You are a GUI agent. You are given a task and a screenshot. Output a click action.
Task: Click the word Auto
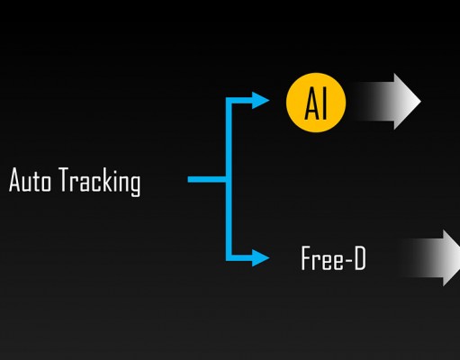pyautogui.click(x=30, y=180)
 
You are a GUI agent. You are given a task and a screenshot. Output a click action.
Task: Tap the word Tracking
pyautogui.click(x=99, y=182)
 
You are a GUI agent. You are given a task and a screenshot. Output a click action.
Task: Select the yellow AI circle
pyautogui.click(x=316, y=103)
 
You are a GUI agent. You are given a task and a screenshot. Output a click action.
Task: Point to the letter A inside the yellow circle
pyautogui.click(x=311, y=104)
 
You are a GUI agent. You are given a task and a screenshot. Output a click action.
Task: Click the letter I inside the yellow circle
pyautogui.click(x=323, y=104)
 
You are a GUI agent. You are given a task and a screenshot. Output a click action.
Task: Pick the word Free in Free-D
pyautogui.click(x=322, y=258)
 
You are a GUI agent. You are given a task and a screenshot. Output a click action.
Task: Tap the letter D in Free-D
pyautogui.click(x=360, y=258)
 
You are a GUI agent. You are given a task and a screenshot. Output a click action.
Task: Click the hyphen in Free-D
pyautogui.click(x=348, y=259)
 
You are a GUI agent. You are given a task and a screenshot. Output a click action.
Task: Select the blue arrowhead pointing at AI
pyautogui.click(x=260, y=100)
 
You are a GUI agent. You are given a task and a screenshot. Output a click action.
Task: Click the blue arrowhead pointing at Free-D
pyautogui.click(x=260, y=257)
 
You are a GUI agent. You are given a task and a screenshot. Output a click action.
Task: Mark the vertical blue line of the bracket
pyautogui.click(x=229, y=179)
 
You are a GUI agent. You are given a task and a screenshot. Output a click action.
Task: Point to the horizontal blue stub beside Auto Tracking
pyautogui.click(x=207, y=179)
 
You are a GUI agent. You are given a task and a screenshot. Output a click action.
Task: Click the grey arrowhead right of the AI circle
pyautogui.click(x=408, y=102)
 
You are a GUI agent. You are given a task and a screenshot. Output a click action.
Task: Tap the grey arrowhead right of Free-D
pyautogui.click(x=452, y=258)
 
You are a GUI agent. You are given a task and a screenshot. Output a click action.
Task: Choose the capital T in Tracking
pyautogui.click(x=64, y=179)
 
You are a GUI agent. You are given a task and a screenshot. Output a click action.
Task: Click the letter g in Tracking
pyautogui.click(x=135, y=185)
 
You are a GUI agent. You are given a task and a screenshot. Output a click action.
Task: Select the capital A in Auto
pyautogui.click(x=15, y=180)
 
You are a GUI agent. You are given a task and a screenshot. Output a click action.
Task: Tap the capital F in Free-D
pyautogui.click(x=306, y=258)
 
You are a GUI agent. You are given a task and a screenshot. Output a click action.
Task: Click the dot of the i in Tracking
pyautogui.click(x=116, y=170)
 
